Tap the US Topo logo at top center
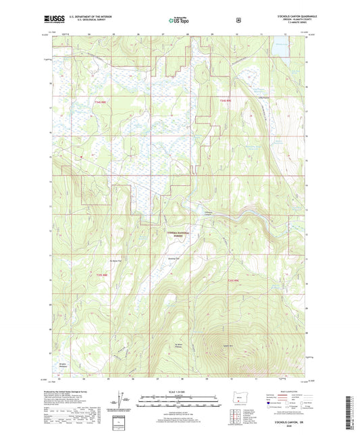179,20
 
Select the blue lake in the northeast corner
279,49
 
